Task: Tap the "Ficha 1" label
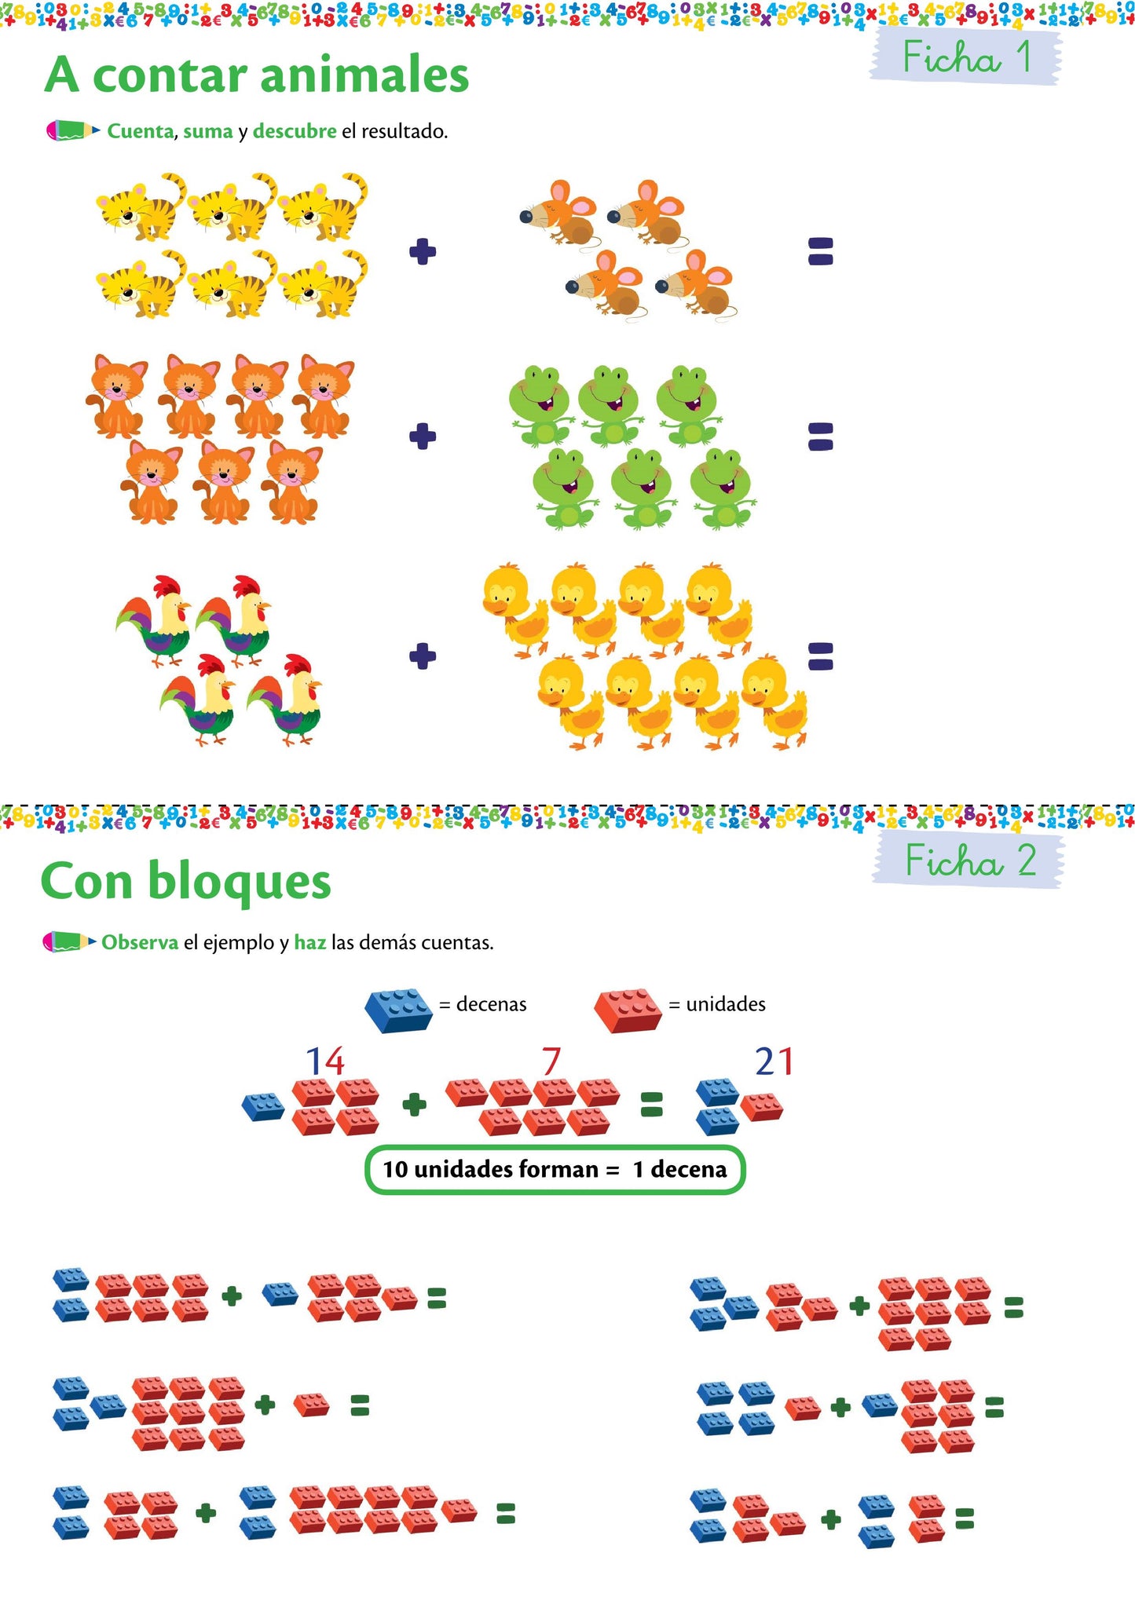tap(965, 57)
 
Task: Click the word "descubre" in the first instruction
tap(295, 131)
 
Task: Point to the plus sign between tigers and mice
tap(423, 251)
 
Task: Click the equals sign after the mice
tap(820, 251)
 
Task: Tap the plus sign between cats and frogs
tap(423, 436)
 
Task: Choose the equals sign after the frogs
tap(820, 436)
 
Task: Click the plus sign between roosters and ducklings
tap(423, 656)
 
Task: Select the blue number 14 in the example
tap(324, 1061)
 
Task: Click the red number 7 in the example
tap(551, 1061)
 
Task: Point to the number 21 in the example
tap(774, 1061)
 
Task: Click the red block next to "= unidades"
tap(628, 1009)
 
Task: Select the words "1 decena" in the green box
tap(679, 1169)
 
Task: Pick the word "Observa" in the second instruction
tap(140, 942)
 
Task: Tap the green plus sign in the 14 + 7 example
tap(414, 1105)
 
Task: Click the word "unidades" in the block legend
tap(725, 1004)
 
